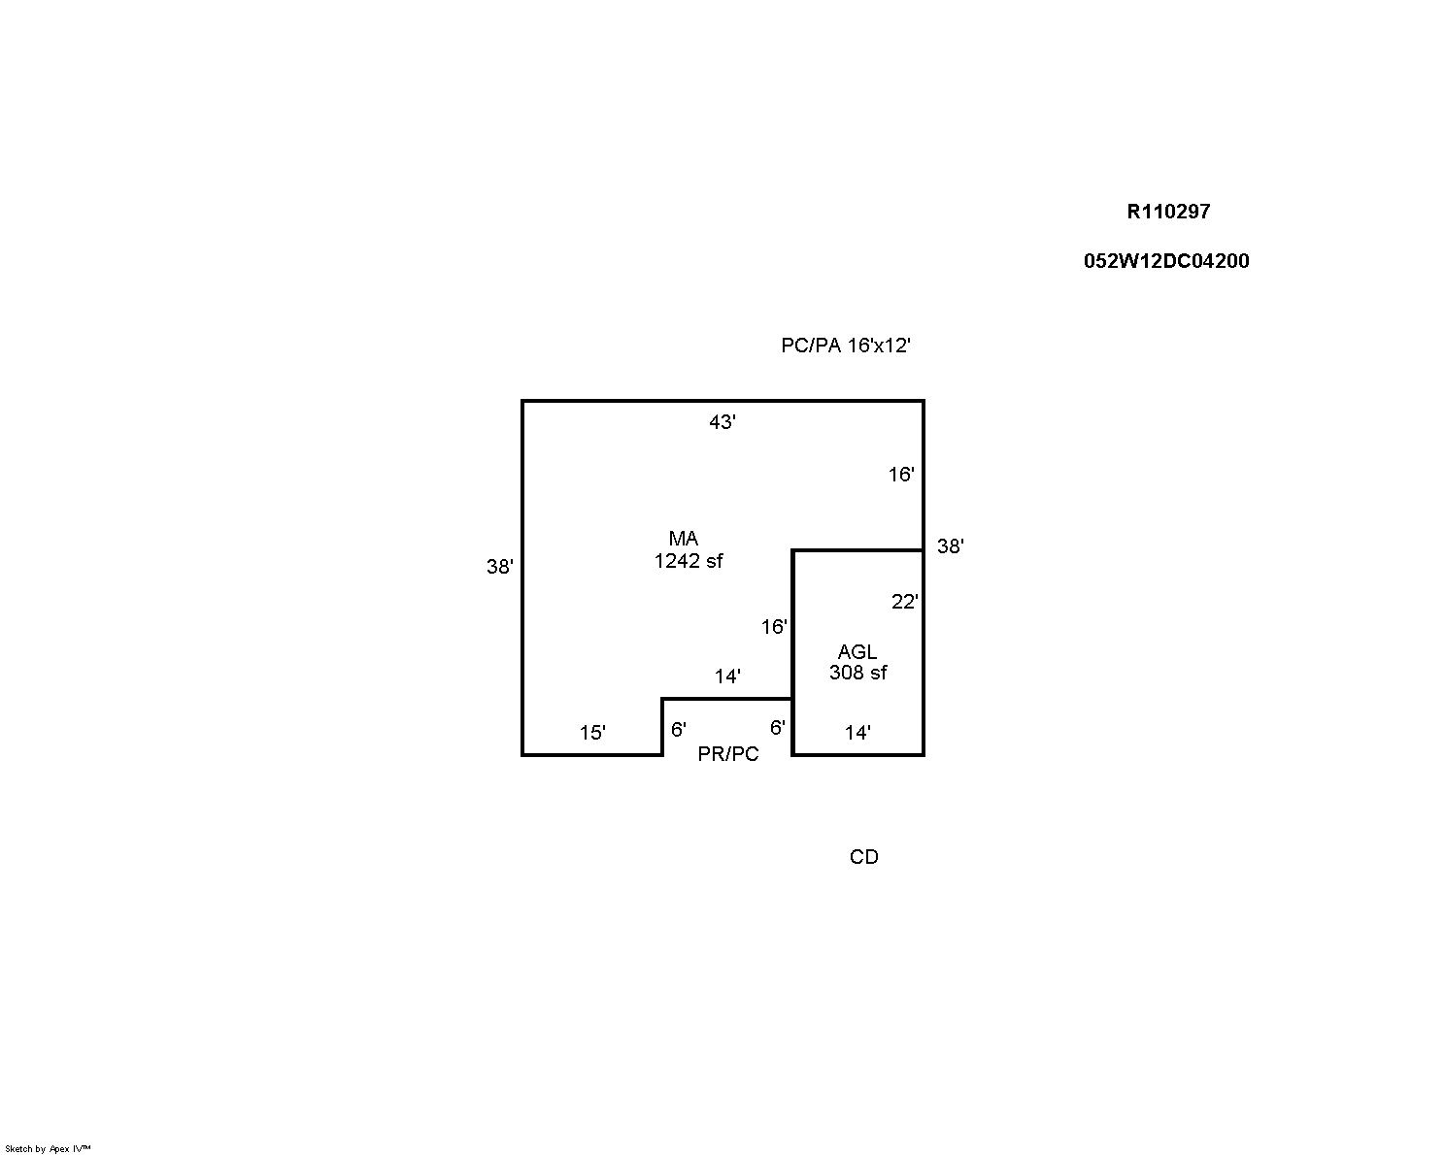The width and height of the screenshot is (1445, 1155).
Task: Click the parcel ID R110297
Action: pyautogui.click(x=1168, y=212)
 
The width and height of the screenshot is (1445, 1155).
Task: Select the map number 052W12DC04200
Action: pyautogui.click(x=1166, y=261)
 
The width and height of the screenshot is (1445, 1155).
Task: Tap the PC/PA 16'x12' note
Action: pyautogui.click(x=846, y=345)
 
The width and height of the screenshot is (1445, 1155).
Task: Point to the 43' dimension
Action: pyautogui.click(x=722, y=422)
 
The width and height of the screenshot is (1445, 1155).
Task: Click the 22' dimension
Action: pyautogui.click(x=904, y=602)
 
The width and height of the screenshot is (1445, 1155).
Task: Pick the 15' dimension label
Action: pyautogui.click(x=592, y=732)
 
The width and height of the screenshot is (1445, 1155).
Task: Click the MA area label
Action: pyautogui.click(x=684, y=539)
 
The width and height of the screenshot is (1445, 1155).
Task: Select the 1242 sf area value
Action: pyautogui.click(x=689, y=560)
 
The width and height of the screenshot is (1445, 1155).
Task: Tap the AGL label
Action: pyautogui.click(x=857, y=651)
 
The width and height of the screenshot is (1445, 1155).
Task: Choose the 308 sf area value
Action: pyautogui.click(x=858, y=673)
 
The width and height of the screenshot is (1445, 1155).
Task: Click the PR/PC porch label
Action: pyautogui.click(x=728, y=754)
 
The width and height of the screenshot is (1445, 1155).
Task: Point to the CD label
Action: pyautogui.click(x=863, y=857)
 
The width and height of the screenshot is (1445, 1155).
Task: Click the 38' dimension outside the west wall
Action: pyautogui.click(x=500, y=567)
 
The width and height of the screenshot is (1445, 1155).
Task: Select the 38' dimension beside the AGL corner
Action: pyautogui.click(x=951, y=546)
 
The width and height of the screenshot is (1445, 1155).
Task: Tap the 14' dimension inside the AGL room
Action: pyautogui.click(x=857, y=732)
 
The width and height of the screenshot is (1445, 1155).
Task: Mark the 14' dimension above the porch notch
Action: pyautogui.click(x=727, y=676)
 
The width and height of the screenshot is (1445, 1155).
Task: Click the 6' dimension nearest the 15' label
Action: pyautogui.click(x=679, y=729)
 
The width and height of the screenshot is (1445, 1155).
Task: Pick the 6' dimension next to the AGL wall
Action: pyautogui.click(x=778, y=728)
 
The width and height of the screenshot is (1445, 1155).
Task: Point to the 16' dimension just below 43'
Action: pyautogui.click(x=901, y=475)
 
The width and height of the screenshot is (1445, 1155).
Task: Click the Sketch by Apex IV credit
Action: pyautogui.click(x=48, y=1149)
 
